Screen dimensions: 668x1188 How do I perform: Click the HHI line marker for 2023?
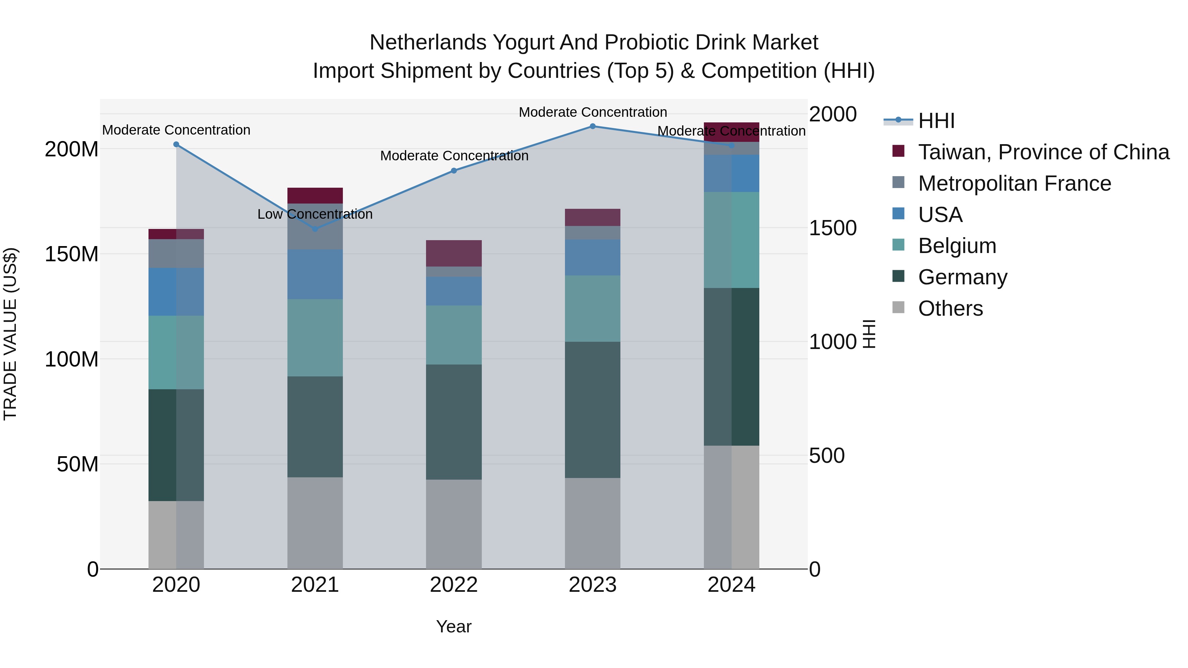click(x=593, y=126)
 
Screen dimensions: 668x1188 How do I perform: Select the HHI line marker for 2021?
click(x=315, y=229)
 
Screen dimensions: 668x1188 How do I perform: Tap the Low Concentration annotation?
click(x=315, y=214)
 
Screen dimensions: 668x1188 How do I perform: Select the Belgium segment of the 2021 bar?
click(x=315, y=337)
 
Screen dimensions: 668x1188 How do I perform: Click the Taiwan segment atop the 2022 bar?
click(x=454, y=253)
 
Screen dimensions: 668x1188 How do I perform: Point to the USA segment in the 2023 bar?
click(x=593, y=257)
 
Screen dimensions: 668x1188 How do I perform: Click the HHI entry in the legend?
click(x=936, y=121)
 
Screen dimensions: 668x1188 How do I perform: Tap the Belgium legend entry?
click(x=957, y=246)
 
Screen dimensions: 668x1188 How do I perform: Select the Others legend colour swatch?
click(x=898, y=307)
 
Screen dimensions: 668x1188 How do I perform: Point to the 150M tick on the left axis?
click(x=72, y=254)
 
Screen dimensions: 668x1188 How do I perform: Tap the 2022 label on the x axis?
click(x=454, y=585)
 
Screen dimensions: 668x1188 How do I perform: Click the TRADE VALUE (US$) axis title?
click(x=10, y=334)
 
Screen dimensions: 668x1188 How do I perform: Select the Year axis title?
click(x=454, y=626)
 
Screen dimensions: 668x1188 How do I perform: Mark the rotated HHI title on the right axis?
click(x=869, y=334)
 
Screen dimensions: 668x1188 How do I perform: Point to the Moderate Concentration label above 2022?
click(x=454, y=156)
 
